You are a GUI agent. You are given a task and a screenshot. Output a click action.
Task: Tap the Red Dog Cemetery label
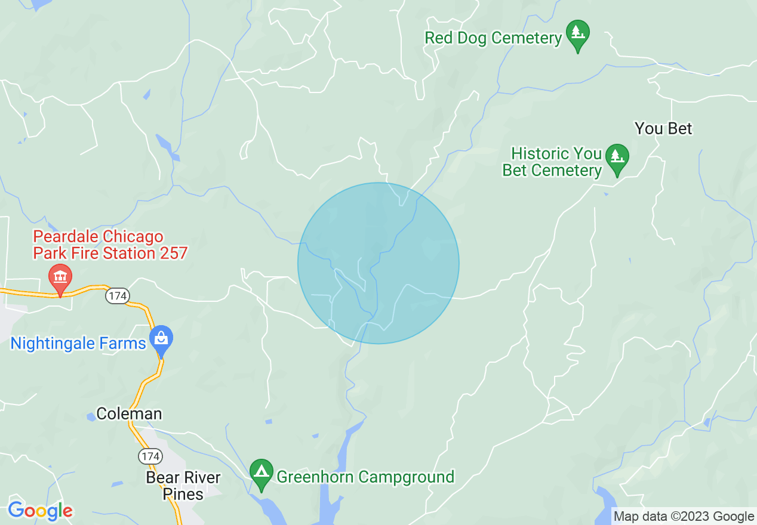pyautogui.click(x=493, y=38)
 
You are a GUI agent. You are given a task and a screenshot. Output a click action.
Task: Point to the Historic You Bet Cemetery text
pyautogui.click(x=552, y=162)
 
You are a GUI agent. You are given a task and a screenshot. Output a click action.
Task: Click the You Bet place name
pyautogui.click(x=663, y=128)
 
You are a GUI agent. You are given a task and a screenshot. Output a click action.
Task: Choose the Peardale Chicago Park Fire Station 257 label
pyautogui.click(x=110, y=245)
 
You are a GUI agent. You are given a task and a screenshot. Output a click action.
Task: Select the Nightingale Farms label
pyautogui.click(x=78, y=344)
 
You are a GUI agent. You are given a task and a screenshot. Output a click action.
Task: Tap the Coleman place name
pyautogui.click(x=129, y=414)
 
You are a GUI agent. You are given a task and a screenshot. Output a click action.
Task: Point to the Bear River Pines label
pyautogui.click(x=183, y=486)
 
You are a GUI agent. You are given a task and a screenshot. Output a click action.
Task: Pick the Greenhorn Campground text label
pyautogui.click(x=365, y=477)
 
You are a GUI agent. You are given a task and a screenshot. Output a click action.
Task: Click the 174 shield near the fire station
pyautogui.click(x=118, y=295)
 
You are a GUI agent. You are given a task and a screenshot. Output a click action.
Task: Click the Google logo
pyautogui.click(x=41, y=511)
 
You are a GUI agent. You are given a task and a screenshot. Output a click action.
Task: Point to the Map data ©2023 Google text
pyautogui.click(x=684, y=517)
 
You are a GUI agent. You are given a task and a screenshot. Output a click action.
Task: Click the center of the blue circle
pyautogui.click(x=378, y=263)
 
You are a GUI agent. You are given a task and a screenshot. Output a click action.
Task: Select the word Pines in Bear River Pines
pyautogui.click(x=183, y=494)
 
